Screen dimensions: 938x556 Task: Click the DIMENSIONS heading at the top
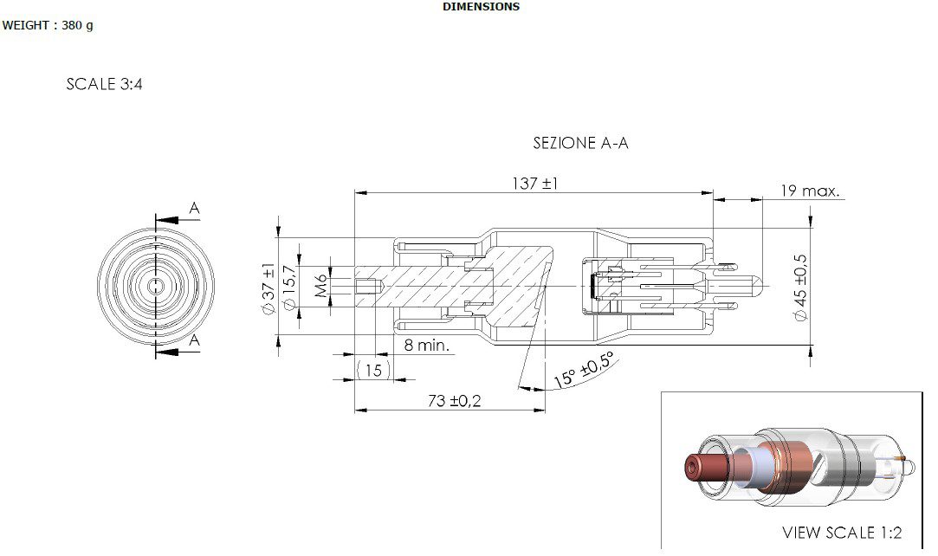point(481,7)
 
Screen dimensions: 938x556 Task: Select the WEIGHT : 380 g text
point(48,25)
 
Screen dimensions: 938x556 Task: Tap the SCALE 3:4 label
point(104,84)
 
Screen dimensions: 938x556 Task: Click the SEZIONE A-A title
point(580,143)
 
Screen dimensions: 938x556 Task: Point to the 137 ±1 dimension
point(534,183)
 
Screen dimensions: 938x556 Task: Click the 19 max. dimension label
point(810,191)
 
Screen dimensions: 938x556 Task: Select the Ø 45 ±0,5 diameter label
point(800,288)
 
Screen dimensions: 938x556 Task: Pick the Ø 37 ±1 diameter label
point(268,289)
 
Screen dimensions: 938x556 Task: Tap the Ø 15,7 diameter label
point(289,288)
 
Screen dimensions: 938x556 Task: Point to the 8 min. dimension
point(426,345)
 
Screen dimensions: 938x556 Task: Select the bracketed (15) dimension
point(373,370)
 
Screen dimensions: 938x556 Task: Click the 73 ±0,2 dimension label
point(454,401)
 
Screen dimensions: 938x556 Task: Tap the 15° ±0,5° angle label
point(583,370)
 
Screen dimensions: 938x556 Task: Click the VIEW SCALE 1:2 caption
point(842,532)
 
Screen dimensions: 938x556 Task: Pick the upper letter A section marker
point(194,208)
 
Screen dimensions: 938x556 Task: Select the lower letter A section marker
point(194,340)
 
